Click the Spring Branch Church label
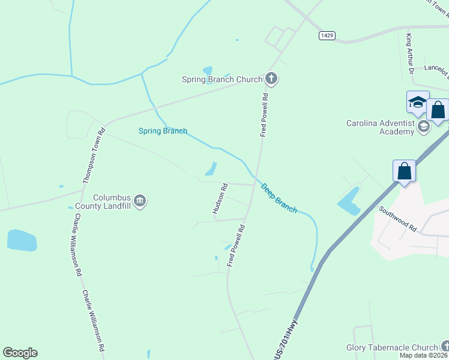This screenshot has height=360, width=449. tap(223, 79)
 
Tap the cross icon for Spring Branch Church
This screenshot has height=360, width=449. tap(271, 78)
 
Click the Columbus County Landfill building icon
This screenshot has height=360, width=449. tap(140, 200)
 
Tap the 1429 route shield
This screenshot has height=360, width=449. tap(327, 36)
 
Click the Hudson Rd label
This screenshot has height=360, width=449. tap(220, 199)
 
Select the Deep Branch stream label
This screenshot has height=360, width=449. tap(279, 198)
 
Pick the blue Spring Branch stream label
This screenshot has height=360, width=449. tap(163, 131)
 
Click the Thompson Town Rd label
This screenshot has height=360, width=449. tap(94, 155)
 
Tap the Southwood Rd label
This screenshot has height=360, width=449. tap(397, 219)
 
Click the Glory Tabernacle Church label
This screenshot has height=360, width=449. tap(393, 347)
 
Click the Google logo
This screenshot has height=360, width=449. tap(20, 353)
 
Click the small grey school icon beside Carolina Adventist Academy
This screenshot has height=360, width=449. tap(424, 125)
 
